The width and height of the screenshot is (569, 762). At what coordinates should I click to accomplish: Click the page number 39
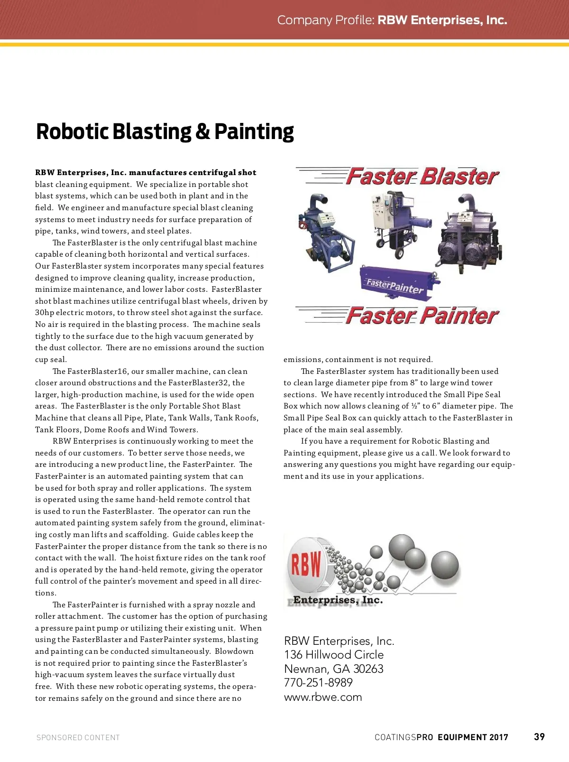pos(539,737)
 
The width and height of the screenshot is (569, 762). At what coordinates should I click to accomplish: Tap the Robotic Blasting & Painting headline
pos(165,132)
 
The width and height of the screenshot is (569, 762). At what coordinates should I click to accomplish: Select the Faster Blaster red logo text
pos(422,177)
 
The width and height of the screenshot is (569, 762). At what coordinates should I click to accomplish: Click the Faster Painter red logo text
pos(422,316)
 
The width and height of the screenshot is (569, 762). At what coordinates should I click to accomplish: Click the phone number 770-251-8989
pos(318,683)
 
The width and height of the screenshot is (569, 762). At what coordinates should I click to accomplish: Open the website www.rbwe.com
pos(323,697)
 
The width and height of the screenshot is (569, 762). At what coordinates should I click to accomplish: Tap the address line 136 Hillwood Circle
pos(334,655)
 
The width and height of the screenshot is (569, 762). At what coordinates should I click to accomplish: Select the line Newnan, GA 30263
pos(334,669)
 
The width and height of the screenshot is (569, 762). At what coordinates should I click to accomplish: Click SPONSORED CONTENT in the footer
pos(78,738)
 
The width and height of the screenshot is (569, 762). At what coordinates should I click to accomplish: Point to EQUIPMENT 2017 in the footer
pos(473,737)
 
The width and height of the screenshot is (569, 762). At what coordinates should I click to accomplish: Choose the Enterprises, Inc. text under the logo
pos(338,600)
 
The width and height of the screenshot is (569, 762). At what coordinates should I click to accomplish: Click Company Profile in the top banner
pos(326,20)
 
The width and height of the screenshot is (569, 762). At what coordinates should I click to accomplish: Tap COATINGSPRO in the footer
pos(404,737)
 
